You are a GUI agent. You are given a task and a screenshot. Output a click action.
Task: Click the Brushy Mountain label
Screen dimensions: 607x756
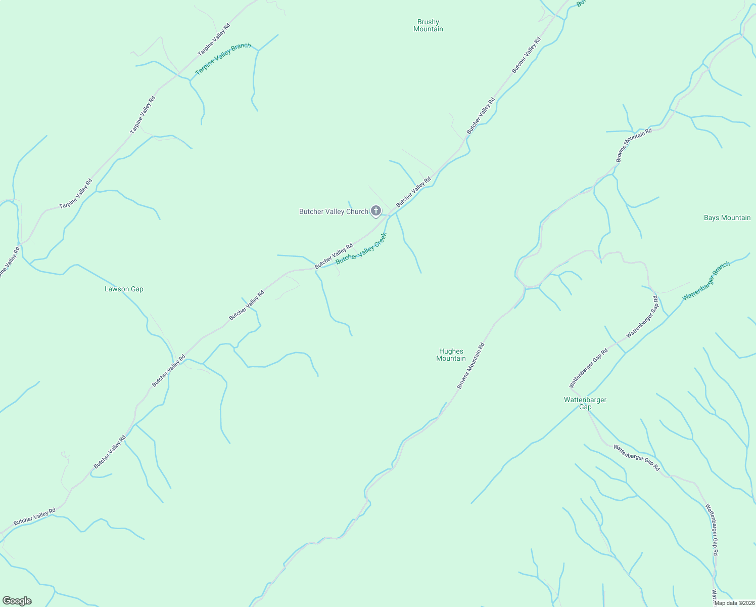[428, 26]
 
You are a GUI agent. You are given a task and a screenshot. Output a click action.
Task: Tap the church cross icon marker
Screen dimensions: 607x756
[376, 210]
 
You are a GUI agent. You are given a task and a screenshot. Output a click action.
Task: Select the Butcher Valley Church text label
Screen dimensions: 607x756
[334, 212]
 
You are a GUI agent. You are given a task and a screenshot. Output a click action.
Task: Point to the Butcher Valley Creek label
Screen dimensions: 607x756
[361, 248]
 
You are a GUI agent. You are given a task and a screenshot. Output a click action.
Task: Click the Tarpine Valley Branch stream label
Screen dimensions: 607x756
[223, 59]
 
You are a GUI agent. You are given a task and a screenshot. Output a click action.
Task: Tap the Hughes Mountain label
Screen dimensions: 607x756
[451, 355]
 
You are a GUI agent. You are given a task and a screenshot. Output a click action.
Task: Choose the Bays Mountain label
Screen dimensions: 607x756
[727, 218]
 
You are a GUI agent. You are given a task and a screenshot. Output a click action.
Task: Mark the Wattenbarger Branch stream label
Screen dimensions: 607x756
[706, 281]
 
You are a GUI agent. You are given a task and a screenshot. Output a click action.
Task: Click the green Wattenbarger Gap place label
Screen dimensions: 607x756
[585, 403]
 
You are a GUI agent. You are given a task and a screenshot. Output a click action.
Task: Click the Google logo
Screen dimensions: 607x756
[17, 601]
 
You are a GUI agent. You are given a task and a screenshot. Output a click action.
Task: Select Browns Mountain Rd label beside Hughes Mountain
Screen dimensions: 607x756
[470, 366]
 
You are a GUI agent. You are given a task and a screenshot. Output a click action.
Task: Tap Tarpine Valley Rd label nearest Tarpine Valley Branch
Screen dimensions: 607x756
[214, 39]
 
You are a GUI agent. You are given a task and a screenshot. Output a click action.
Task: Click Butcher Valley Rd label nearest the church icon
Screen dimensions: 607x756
[413, 192]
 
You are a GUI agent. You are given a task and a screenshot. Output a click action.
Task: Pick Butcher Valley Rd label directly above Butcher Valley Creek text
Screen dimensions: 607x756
[334, 256]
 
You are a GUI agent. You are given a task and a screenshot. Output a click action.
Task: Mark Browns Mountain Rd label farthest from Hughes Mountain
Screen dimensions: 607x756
[634, 145]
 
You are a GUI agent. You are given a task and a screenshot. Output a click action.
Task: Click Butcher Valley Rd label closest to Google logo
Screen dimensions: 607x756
[34, 516]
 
